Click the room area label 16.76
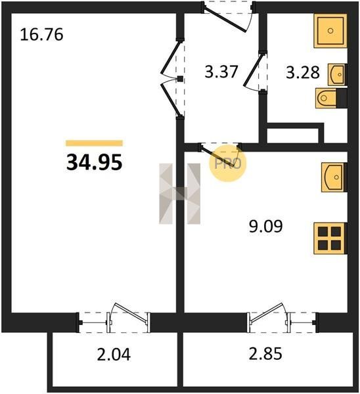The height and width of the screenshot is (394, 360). (41, 35)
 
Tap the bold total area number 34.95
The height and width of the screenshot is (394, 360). (95, 162)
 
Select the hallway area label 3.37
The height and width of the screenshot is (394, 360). (221, 72)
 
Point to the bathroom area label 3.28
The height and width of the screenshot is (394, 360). (303, 72)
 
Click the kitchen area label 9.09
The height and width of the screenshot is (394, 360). (265, 226)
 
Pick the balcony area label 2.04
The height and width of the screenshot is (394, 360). (114, 355)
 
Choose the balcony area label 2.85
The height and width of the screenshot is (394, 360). (265, 353)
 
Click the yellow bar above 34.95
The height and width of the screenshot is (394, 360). (95, 143)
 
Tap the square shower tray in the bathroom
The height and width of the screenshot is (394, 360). (330, 31)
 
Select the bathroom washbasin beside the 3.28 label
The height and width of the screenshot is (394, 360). (336, 75)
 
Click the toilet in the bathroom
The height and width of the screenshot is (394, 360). (326, 98)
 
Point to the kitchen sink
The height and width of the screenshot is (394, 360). (333, 177)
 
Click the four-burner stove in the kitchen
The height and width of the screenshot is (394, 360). (329, 238)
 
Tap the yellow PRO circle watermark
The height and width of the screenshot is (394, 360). (228, 164)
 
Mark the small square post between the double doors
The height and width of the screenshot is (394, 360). (180, 79)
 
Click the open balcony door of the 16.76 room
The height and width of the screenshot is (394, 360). (131, 313)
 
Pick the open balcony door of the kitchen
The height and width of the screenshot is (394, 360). (267, 313)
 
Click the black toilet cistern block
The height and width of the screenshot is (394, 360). (342, 98)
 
